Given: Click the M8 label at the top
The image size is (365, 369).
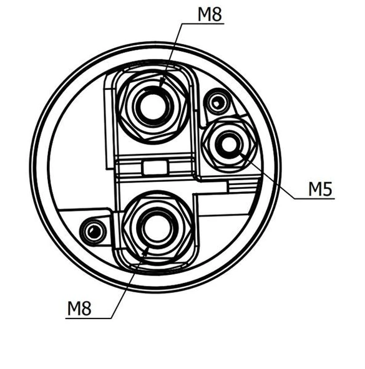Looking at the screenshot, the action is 210,14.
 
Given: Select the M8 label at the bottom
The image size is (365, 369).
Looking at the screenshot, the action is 79,309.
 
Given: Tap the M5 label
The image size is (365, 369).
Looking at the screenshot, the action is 321,189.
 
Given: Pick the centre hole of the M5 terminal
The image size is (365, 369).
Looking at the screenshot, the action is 229,144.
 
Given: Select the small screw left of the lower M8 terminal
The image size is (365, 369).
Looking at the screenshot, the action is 93,231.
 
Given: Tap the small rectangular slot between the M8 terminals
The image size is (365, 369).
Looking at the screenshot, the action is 155,167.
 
